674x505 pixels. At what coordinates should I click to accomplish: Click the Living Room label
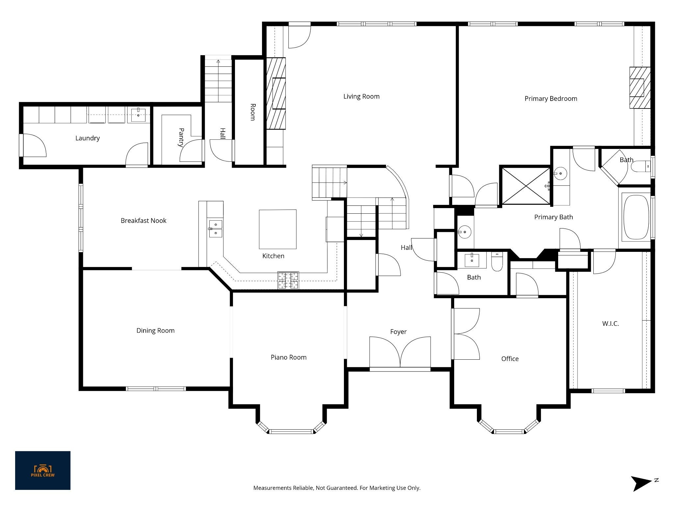pyautogui.click(x=361, y=96)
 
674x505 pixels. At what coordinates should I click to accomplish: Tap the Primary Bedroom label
pyautogui.click(x=551, y=99)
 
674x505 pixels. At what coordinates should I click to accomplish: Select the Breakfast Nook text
pyautogui.click(x=143, y=221)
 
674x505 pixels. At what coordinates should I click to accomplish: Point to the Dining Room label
pyautogui.click(x=155, y=330)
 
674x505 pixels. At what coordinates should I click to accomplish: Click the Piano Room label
pyautogui.click(x=289, y=357)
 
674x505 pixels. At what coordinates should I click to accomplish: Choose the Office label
pyautogui.click(x=510, y=359)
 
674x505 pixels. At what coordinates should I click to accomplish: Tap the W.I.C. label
pyautogui.click(x=610, y=324)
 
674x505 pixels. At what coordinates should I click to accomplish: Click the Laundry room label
pyautogui.click(x=87, y=138)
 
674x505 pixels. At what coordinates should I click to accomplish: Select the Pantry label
pyautogui.click(x=181, y=137)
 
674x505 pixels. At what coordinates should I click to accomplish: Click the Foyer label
pyautogui.click(x=398, y=332)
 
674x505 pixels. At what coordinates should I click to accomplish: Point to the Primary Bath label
pyautogui.click(x=554, y=217)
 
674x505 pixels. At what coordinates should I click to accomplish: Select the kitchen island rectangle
pyautogui.click(x=277, y=229)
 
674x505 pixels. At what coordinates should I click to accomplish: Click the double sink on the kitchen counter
pyautogui.click(x=215, y=228)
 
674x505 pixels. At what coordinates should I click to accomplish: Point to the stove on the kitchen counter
pyautogui.click(x=288, y=280)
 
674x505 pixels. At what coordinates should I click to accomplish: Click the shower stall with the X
pyautogui.click(x=526, y=186)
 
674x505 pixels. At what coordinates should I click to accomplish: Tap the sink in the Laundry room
pyautogui.click(x=138, y=114)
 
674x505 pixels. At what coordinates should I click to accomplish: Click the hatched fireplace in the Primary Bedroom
pyautogui.click(x=640, y=87)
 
